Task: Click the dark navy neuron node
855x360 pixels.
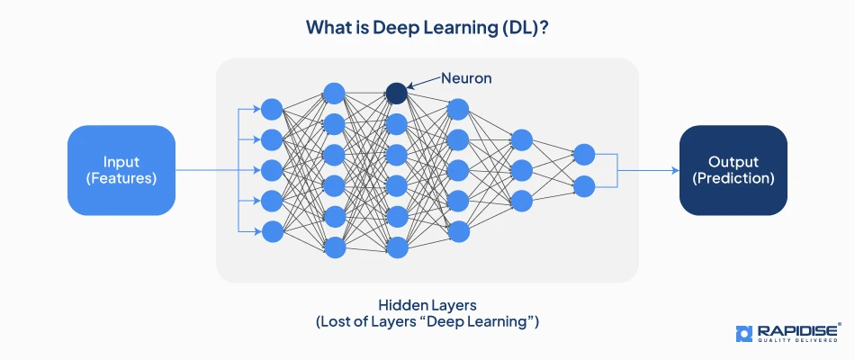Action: click(396, 92)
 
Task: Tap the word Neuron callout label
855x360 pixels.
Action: click(466, 78)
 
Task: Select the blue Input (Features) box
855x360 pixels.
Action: click(121, 170)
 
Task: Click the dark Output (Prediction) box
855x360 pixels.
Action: click(733, 170)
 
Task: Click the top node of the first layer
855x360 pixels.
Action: click(272, 109)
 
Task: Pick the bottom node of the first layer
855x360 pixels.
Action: click(272, 231)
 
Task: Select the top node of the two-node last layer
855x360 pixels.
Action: click(583, 155)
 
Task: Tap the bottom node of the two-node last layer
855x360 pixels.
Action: click(583, 186)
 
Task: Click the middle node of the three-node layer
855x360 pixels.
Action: click(521, 170)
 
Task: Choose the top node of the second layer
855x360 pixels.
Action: click(334, 93)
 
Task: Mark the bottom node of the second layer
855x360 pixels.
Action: click(334, 247)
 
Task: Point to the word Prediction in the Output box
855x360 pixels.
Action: click(733, 178)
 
